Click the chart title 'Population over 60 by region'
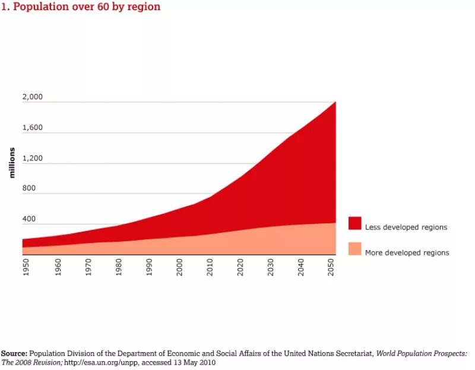[x=81, y=7]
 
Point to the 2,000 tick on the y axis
[x=33, y=97]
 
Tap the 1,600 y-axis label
[x=33, y=128]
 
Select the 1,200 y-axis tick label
[x=33, y=158]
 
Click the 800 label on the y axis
[x=29, y=189]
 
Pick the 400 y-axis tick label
[x=29, y=219]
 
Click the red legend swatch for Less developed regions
[x=354, y=223]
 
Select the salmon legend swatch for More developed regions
[x=354, y=249]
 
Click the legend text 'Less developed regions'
[x=406, y=227]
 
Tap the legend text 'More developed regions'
[x=407, y=253]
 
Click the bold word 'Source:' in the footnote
[x=14, y=353]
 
